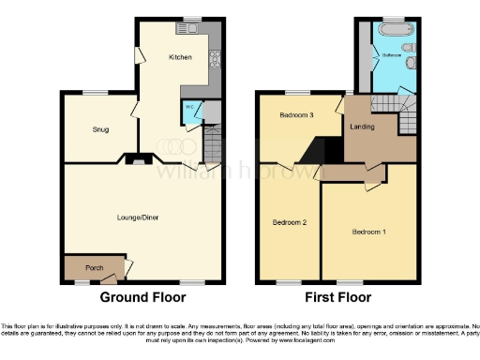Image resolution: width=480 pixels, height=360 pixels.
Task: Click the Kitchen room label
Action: [180, 57]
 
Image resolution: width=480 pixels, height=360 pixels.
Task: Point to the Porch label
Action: [94, 268]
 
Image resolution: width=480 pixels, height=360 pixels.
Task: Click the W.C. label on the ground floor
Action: [188, 106]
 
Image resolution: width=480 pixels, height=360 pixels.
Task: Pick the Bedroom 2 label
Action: [290, 222]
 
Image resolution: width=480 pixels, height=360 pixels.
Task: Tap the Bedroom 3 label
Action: [295, 114]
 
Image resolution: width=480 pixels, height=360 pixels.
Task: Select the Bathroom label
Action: [391, 55]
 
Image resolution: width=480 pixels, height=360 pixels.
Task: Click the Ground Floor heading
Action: [143, 297]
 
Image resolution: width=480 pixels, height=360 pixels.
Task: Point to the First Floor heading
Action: [337, 297]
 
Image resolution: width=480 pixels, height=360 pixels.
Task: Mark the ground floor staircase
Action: [213, 143]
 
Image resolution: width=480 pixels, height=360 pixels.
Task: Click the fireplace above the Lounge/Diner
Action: [139, 160]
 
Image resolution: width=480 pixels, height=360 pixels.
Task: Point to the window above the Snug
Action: [96, 91]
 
